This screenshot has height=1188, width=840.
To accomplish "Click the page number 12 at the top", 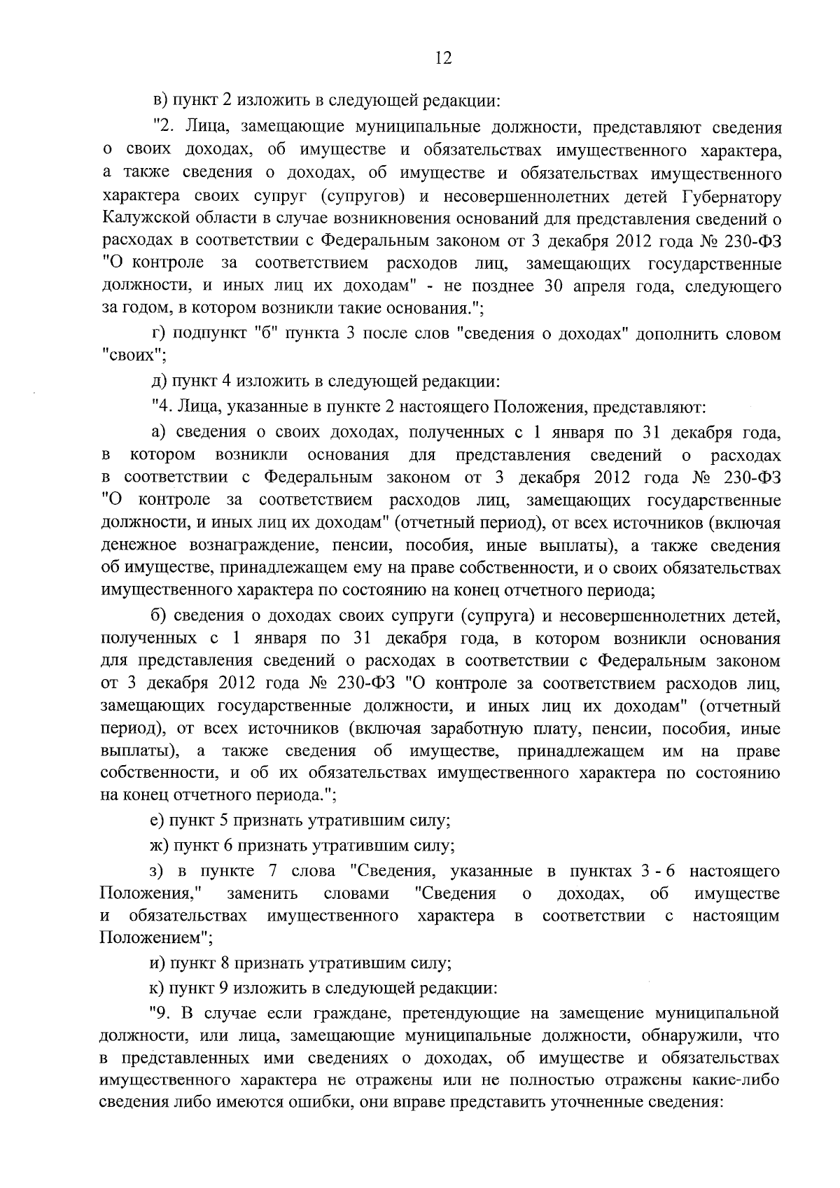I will [442, 58].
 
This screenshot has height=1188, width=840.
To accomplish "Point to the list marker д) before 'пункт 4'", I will [157, 382].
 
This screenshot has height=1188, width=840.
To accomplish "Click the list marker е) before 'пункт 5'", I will [157, 820].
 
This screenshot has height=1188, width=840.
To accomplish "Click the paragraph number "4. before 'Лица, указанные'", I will [163, 405].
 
